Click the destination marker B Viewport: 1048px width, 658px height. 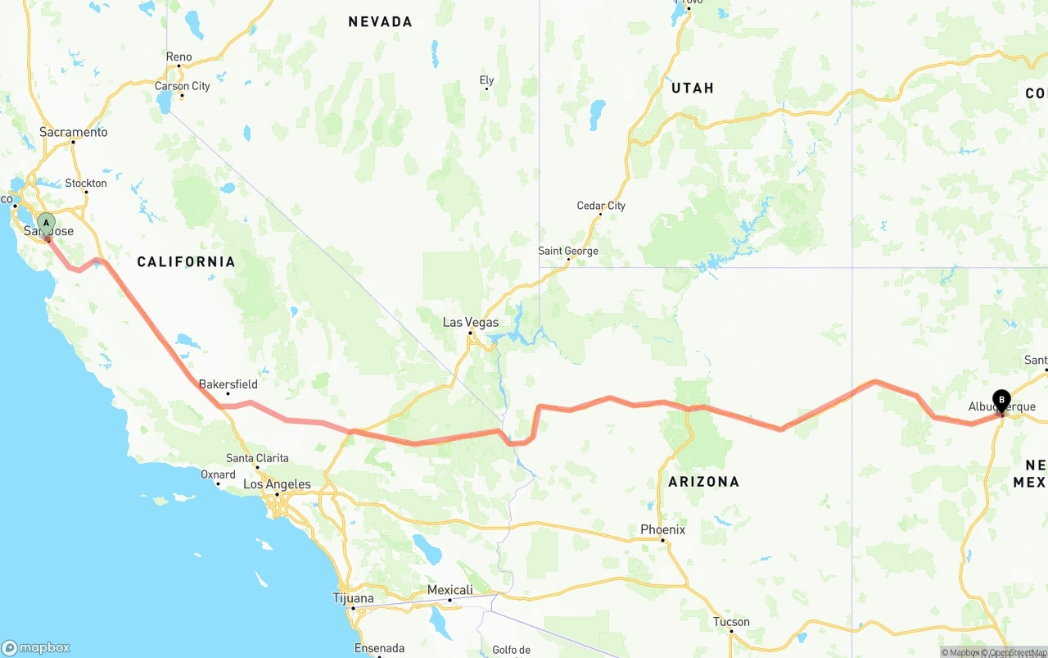pos(1001,401)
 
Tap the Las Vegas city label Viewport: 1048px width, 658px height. pos(471,322)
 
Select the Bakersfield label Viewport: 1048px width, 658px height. pos(228,383)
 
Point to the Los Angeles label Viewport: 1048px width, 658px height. pos(277,484)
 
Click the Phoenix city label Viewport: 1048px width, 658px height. pos(662,529)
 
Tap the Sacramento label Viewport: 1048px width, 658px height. pos(74,132)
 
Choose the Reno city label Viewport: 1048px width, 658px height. pos(178,57)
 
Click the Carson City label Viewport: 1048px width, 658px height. pos(183,86)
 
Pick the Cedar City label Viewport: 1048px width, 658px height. pos(601,206)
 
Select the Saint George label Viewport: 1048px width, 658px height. pos(568,251)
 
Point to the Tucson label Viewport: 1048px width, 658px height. pos(731,622)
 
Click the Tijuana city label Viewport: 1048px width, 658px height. pos(354,598)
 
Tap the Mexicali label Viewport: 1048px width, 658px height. pos(449,590)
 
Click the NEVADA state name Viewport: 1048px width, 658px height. pos(380,22)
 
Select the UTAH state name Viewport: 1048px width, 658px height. pos(693,88)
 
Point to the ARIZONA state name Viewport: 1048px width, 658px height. pos(703,482)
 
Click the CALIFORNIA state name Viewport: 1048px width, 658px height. pos(186,261)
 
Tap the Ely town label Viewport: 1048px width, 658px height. pos(486,80)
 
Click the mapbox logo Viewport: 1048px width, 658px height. pos(36,647)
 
